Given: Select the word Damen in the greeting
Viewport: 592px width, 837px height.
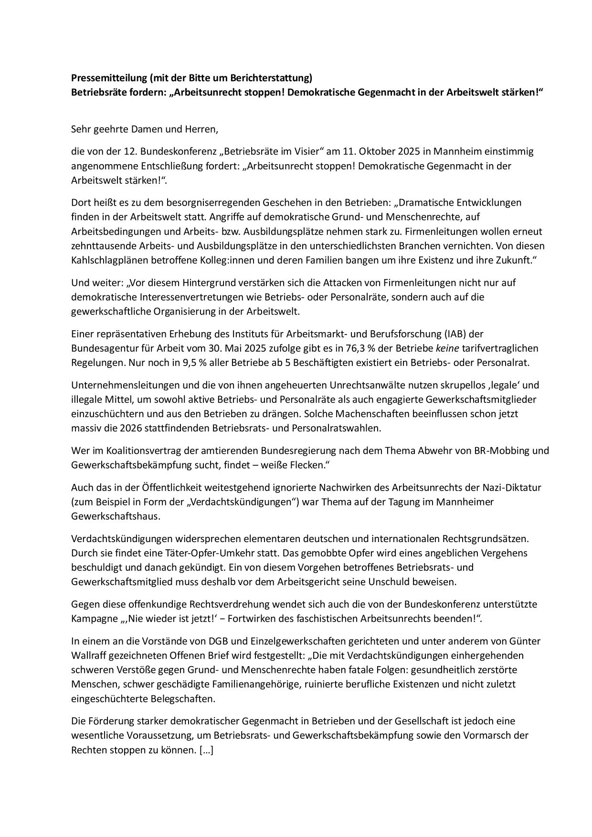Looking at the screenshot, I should [x=143, y=129].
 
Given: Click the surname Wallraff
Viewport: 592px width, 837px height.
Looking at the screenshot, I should [x=91, y=655].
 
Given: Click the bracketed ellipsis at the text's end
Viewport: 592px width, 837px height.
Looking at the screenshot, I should [x=206, y=750].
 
